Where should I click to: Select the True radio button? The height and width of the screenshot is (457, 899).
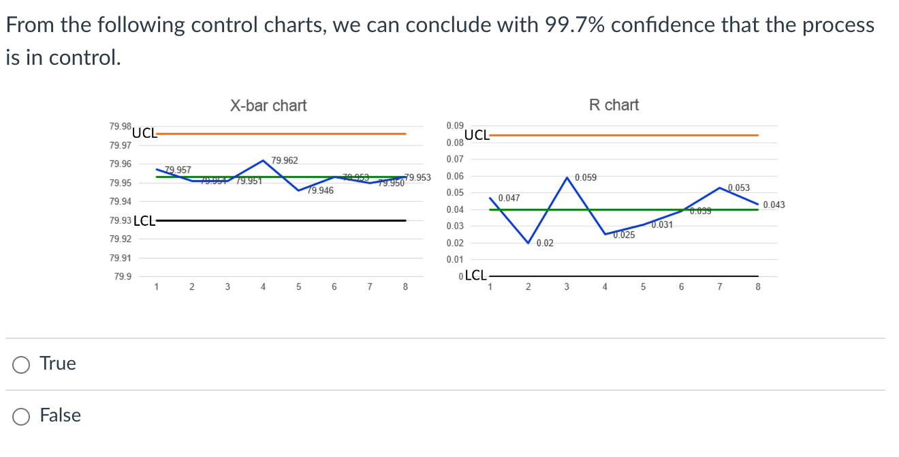(x=22, y=364)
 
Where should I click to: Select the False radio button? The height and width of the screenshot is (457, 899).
(x=22, y=416)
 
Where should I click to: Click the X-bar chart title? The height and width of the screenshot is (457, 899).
(x=268, y=106)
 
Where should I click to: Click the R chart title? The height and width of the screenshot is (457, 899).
(x=614, y=105)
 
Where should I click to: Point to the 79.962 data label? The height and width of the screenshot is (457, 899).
(x=284, y=161)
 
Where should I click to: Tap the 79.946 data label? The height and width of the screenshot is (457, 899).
(x=320, y=191)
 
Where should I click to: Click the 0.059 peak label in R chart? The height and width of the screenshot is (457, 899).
(x=586, y=178)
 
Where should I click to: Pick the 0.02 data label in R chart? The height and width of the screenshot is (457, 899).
(x=545, y=244)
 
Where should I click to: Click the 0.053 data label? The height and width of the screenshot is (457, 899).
(x=739, y=188)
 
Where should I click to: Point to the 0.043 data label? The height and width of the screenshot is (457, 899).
(x=774, y=205)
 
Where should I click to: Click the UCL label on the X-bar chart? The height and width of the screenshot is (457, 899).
(x=144, y=133)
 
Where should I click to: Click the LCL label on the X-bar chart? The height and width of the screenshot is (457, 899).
(x=144, y=220)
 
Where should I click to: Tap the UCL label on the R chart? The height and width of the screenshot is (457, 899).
(x=477, y=135)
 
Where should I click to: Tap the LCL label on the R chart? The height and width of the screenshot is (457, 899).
(x=475, y=276)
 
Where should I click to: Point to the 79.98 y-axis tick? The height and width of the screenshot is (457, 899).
(x=120, y=127)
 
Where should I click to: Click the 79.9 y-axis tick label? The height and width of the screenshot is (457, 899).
(x=123, y=277)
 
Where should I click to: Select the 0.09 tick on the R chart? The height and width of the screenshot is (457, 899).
(x=455, y=126)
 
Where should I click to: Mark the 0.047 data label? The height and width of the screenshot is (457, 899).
(x=509, y=198)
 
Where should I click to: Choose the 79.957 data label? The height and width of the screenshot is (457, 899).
(x=178, y=170)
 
